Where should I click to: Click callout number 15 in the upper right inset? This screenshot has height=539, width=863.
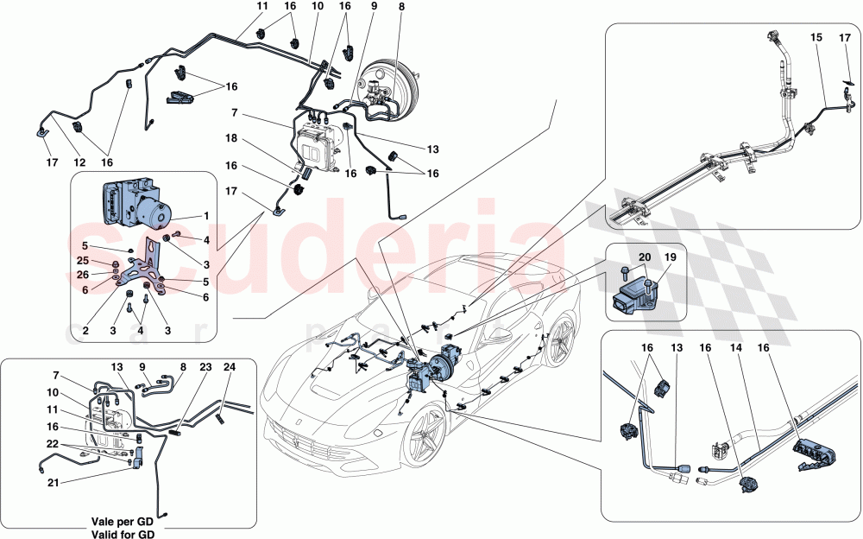click(816, 39)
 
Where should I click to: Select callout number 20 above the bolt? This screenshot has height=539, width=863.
click(644, 257)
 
